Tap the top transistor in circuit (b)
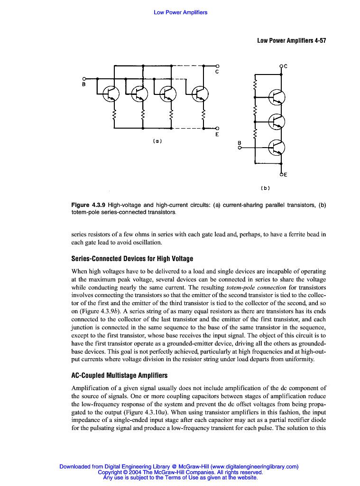click(x=277, y=98)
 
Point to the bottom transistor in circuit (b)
click(x=277, y=148)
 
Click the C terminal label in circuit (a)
click(x=217, y=72)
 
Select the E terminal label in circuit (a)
click(x=217, y=134)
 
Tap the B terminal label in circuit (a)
click(x=84, y=84)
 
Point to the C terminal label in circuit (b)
click(x=286, y=66)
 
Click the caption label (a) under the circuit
click(x=157, y=140)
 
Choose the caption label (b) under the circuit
click(x=265, y=188)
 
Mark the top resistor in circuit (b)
click(x=255, y=86)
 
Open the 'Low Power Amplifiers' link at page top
click(x=180, y=12)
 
